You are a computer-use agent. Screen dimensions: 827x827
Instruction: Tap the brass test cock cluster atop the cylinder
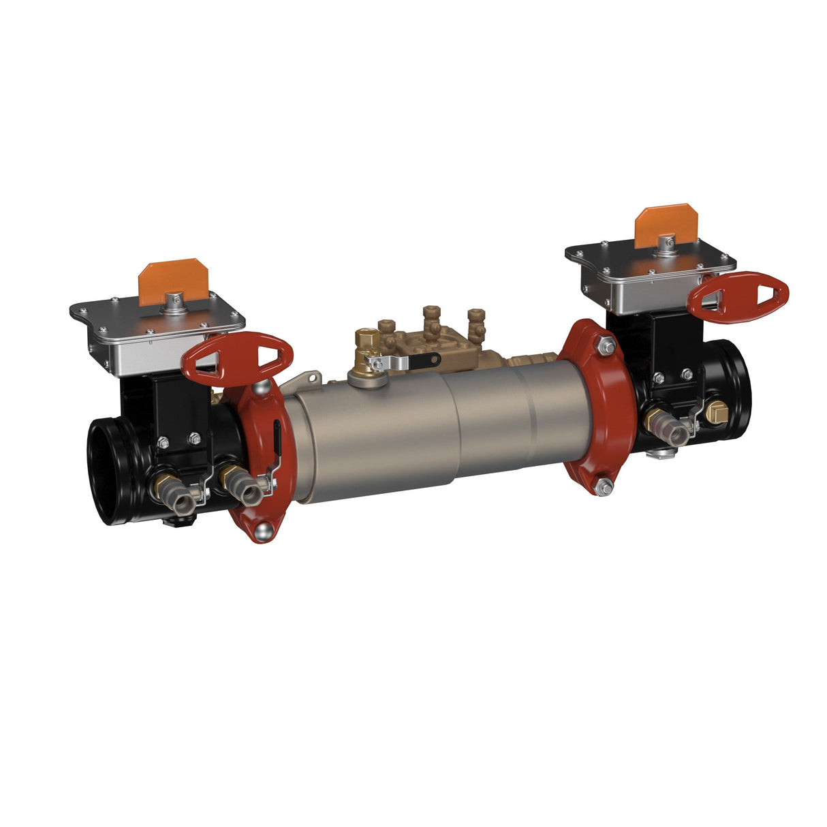click(x=429, y=330)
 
